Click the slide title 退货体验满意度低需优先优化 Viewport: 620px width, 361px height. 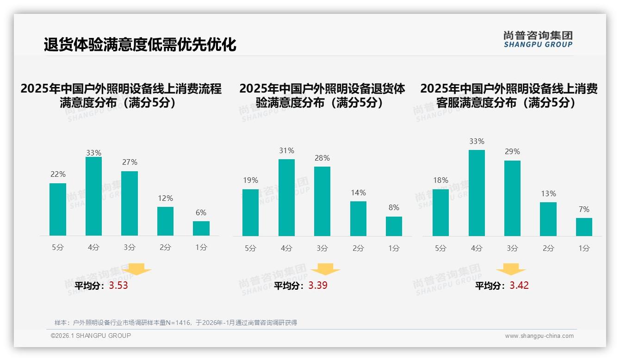point(140,45)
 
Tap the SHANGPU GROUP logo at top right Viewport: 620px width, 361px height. point(538,39)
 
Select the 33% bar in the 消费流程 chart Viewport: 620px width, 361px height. point(93,196)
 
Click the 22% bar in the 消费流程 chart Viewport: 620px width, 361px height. point(58,209)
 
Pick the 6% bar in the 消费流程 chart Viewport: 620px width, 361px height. point(201,228)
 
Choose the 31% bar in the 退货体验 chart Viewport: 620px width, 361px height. point(286,198)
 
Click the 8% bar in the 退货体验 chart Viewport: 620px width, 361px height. point(394,226)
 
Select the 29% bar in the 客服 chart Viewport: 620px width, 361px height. point(512,198)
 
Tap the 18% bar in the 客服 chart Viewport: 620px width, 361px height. point(440,212)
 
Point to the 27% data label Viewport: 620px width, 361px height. point(130,162)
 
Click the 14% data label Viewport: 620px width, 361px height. point(358,193)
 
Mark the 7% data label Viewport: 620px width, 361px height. point(584,209)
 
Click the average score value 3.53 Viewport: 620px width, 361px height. point(118,286)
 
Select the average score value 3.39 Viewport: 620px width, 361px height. point(318,286)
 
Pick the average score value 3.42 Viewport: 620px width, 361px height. point(519,286)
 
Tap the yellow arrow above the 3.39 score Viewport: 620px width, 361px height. point(325,269)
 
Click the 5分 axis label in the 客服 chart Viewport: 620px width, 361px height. point(440,249)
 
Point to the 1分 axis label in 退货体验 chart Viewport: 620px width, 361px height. point(394,249)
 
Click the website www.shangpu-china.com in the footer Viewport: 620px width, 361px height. point(539,336)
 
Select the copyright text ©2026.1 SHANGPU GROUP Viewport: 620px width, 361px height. point(91,336)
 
